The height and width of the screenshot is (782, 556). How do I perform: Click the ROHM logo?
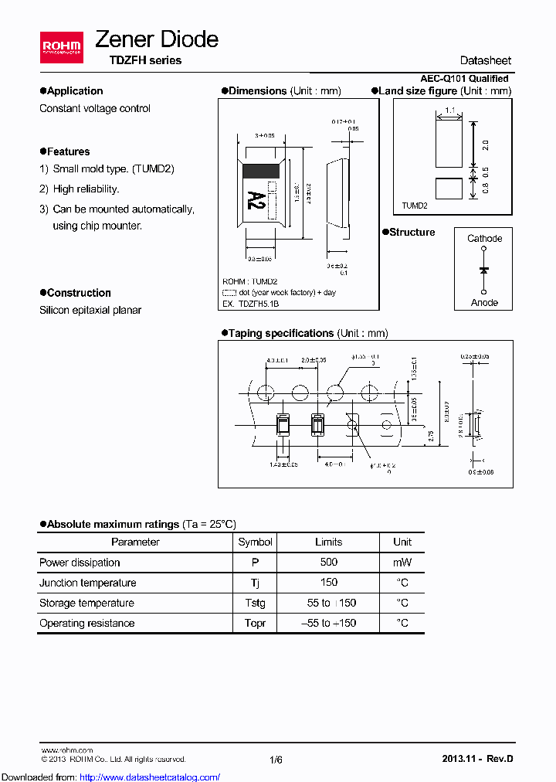tap(62, 47)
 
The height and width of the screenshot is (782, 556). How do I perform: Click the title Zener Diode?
tap(156, 39)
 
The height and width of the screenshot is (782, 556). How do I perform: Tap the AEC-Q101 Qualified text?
tap(464, 79)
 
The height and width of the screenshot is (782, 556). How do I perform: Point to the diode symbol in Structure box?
tap(484, 270)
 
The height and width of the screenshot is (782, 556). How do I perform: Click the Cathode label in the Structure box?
tap(484, 239)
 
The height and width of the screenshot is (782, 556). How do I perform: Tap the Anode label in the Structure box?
tap(484, 303)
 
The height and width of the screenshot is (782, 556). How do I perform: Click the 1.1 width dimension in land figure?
tap(449, 111)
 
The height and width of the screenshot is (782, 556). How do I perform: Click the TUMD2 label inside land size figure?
tap(415, 206)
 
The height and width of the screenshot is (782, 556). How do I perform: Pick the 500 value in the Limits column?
tap(328, 563)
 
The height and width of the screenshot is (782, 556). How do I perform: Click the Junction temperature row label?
tap(87, 583)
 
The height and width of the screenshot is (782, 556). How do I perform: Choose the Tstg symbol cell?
tap(255, 603)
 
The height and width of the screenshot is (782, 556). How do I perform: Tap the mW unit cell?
tap(402, 563)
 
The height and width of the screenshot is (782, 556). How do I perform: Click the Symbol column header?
tap(255, 542)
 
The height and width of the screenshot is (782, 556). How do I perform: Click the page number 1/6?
tap(276, 760)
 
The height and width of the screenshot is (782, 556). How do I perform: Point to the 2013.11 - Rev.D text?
tap(477, 759)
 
